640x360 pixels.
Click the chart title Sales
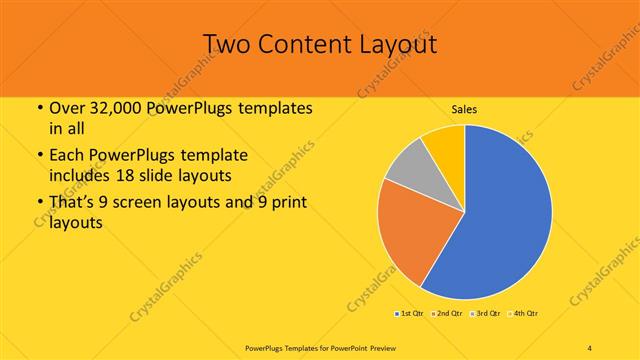point(463,108)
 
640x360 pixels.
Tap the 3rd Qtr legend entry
point(486,314)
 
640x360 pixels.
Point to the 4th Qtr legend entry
point(524,314)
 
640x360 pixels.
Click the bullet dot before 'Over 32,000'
point(38,108)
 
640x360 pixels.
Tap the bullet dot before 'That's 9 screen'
point(38,206)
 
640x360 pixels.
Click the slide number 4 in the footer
point(589,347)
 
